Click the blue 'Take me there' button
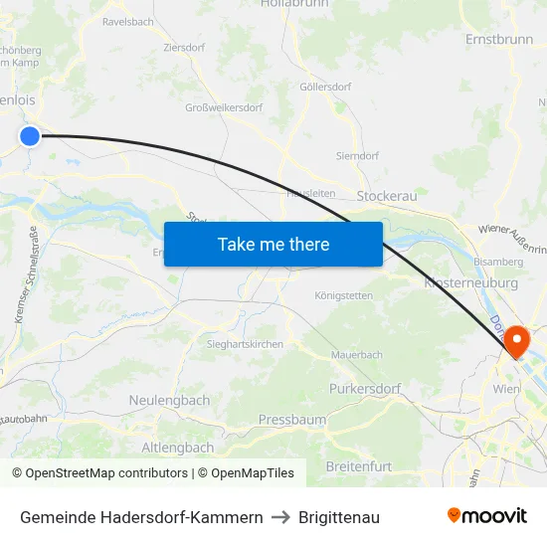(273, 244)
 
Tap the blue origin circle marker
(30, 135)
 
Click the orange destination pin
(517, 343)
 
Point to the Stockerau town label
(386, 196)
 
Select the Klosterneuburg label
(470, 282)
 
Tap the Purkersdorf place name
(363, 388)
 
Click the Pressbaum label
(291, 420)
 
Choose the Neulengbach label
(169, 400)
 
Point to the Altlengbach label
(178, 448)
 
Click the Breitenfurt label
(358, 465)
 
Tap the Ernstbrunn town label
(499, 39)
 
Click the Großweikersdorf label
(224, 107)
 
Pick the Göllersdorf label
(325, 87)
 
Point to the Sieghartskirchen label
(245, 344)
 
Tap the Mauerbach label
(356, 353)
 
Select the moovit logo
(486, 515)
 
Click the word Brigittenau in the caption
(339, 517)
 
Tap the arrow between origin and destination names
(280, 517)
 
